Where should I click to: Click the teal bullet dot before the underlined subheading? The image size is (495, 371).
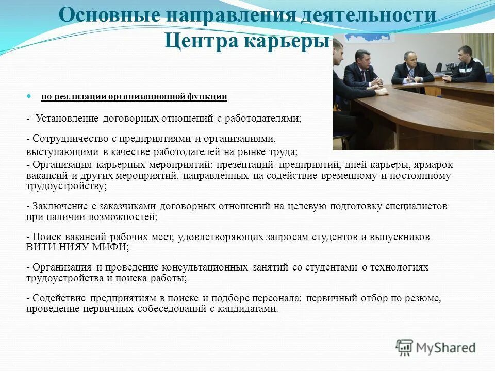point(29,96)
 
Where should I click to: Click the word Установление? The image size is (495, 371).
point(67,119)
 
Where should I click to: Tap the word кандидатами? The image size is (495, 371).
point(249,309)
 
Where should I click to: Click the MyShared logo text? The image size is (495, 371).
point(447,348)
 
